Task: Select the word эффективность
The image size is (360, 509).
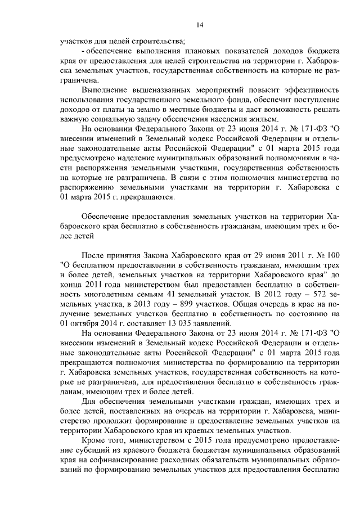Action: coord(312,90)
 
